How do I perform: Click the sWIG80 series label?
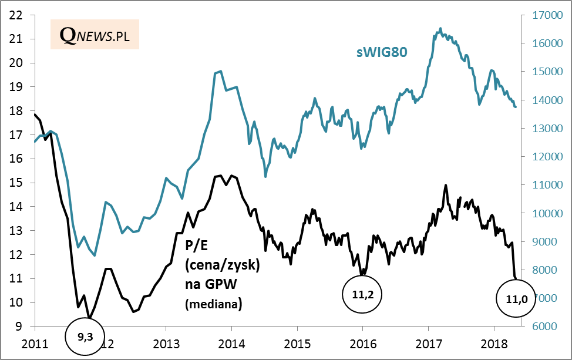click(382, 52)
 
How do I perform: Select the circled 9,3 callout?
click(85, 335)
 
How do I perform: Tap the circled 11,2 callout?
click(362, 295)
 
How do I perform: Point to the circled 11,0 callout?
click(516, 298)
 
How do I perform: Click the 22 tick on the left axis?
click(16, 15)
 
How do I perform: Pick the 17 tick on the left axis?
click(16, 135)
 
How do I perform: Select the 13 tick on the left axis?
click(16, 231)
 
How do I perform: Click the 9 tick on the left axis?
click(19, 327)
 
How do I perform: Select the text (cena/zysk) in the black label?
click(222, 265)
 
